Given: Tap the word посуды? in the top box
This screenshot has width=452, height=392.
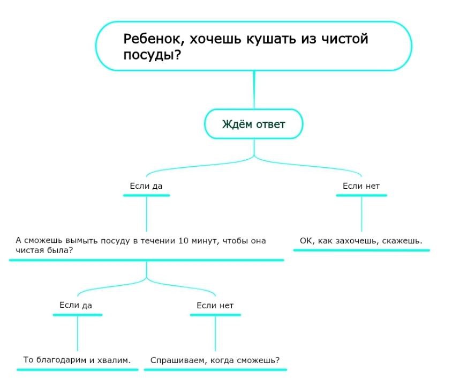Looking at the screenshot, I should pyautogui.click(x=152, y=55).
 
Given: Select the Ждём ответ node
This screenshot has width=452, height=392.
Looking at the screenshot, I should pyautogui.click(x=253, y=124).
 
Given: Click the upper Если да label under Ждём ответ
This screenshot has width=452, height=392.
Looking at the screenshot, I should pyautogui.click(x=146, y=186).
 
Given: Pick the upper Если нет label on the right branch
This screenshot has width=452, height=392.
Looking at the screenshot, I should pyautogui.click(x=361, y=186).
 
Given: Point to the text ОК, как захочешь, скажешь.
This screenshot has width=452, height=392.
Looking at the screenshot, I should pyautogui.click(x=361, y=241).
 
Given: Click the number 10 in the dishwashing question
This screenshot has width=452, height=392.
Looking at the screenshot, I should pyautogui.click(x=183, y=241).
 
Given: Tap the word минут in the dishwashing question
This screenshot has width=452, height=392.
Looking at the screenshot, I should pyautogui.click(x=204, y=241).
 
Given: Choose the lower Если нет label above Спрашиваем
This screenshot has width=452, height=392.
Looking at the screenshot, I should pyautogui.click(x=215, y=306).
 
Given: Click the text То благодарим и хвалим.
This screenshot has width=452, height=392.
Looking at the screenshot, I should pyautogui.click(x=77, y=359).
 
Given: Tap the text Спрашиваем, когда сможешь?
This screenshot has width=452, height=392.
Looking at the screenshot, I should pyautogui.click(x=215, y=360).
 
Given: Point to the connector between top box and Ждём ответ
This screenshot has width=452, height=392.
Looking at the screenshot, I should pyautogui.click(x=254, y=91).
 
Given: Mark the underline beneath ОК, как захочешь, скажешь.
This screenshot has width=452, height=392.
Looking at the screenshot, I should pyautogui.click(x=361, y=250).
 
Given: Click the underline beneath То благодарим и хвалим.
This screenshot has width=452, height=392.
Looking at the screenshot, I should pyautogui.click(x=77, y=369).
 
